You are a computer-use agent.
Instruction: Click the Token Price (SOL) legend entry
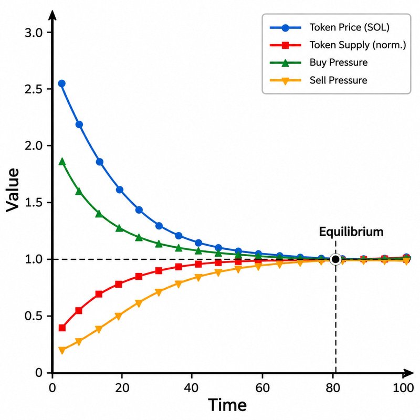pos(330,27)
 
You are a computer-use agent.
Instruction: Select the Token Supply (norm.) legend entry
pos(338,45)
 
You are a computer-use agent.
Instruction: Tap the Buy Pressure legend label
pos(339,62)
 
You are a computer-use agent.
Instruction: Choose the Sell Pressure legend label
pos(338,80)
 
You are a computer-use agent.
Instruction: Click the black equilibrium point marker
pos(335,259)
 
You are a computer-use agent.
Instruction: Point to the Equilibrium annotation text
pos(351,232)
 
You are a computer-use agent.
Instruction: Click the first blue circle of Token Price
pos(62,83)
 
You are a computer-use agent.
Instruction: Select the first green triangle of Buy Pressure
pos(62,162)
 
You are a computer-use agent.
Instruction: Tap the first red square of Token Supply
pos(62,328)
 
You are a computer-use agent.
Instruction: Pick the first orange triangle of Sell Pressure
pos(62,350)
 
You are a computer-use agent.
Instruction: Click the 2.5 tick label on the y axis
pos(34,89)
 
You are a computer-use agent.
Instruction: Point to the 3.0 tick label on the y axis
pos(34,33)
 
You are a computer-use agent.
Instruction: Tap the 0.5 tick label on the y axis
pos(34,317)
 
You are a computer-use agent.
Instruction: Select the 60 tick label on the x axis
pos(262,387)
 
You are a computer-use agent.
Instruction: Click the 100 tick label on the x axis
pos(403,387)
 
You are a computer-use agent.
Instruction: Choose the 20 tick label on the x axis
pos(122,387)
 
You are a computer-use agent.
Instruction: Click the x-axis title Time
pos(227,405)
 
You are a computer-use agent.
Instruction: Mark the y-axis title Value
pos(12,190)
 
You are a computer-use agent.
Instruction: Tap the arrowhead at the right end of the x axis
pos(408,373)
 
